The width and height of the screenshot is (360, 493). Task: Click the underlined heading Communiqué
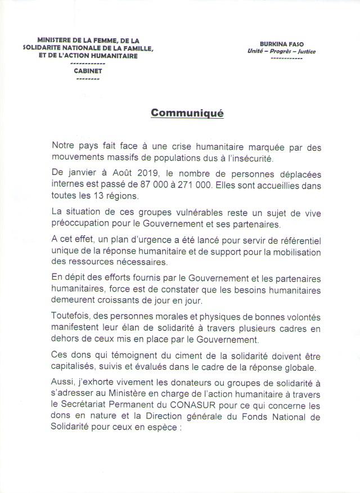(187, 113)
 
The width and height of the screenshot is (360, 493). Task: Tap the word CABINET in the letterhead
(87, 71)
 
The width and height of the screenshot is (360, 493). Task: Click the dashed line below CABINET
(87, 79)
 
